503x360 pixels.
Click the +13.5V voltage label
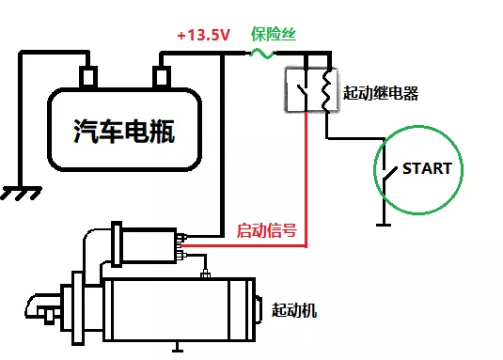pos(204,35)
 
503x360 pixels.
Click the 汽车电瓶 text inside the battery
pos(124,132)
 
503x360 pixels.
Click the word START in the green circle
pos(427,169)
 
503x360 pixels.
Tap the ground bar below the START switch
pos(383,224)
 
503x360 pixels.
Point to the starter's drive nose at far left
pos(42,308)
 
